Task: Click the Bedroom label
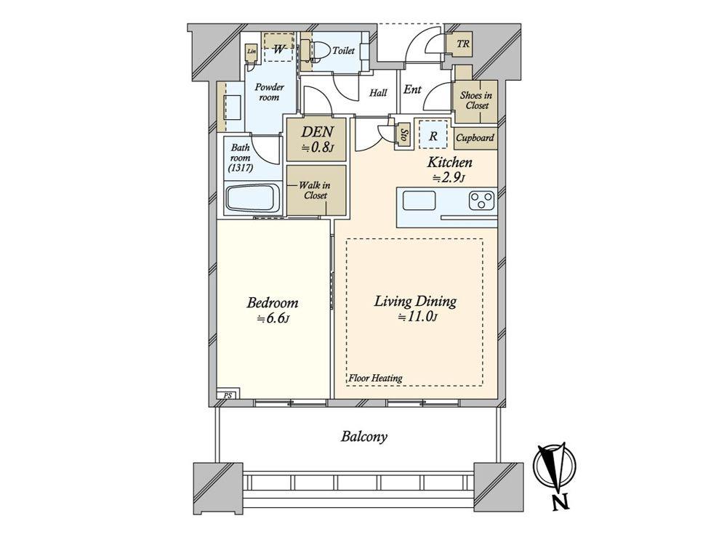(x=272, y=303)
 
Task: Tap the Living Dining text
(x=415, y=302)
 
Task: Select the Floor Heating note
(x=375, y=378)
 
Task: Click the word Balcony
(x=364, y=437)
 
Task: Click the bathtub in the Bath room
(x=253, y=199)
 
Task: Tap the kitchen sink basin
(x=419, y=201)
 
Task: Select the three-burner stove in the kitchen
(x=482, y=201)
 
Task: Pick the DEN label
(x=317, y=131)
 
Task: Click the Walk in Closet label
(x=315, y=190)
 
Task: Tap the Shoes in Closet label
(x=476, y=100)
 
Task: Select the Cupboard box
(x=475, y=137)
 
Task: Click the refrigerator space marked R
(x=433, y=136)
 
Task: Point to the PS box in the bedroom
(x=228, y=395)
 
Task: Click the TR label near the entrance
(x=462, y=44)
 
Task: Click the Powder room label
(x=270, y=92)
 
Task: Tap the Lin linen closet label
(x=252, y=52)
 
